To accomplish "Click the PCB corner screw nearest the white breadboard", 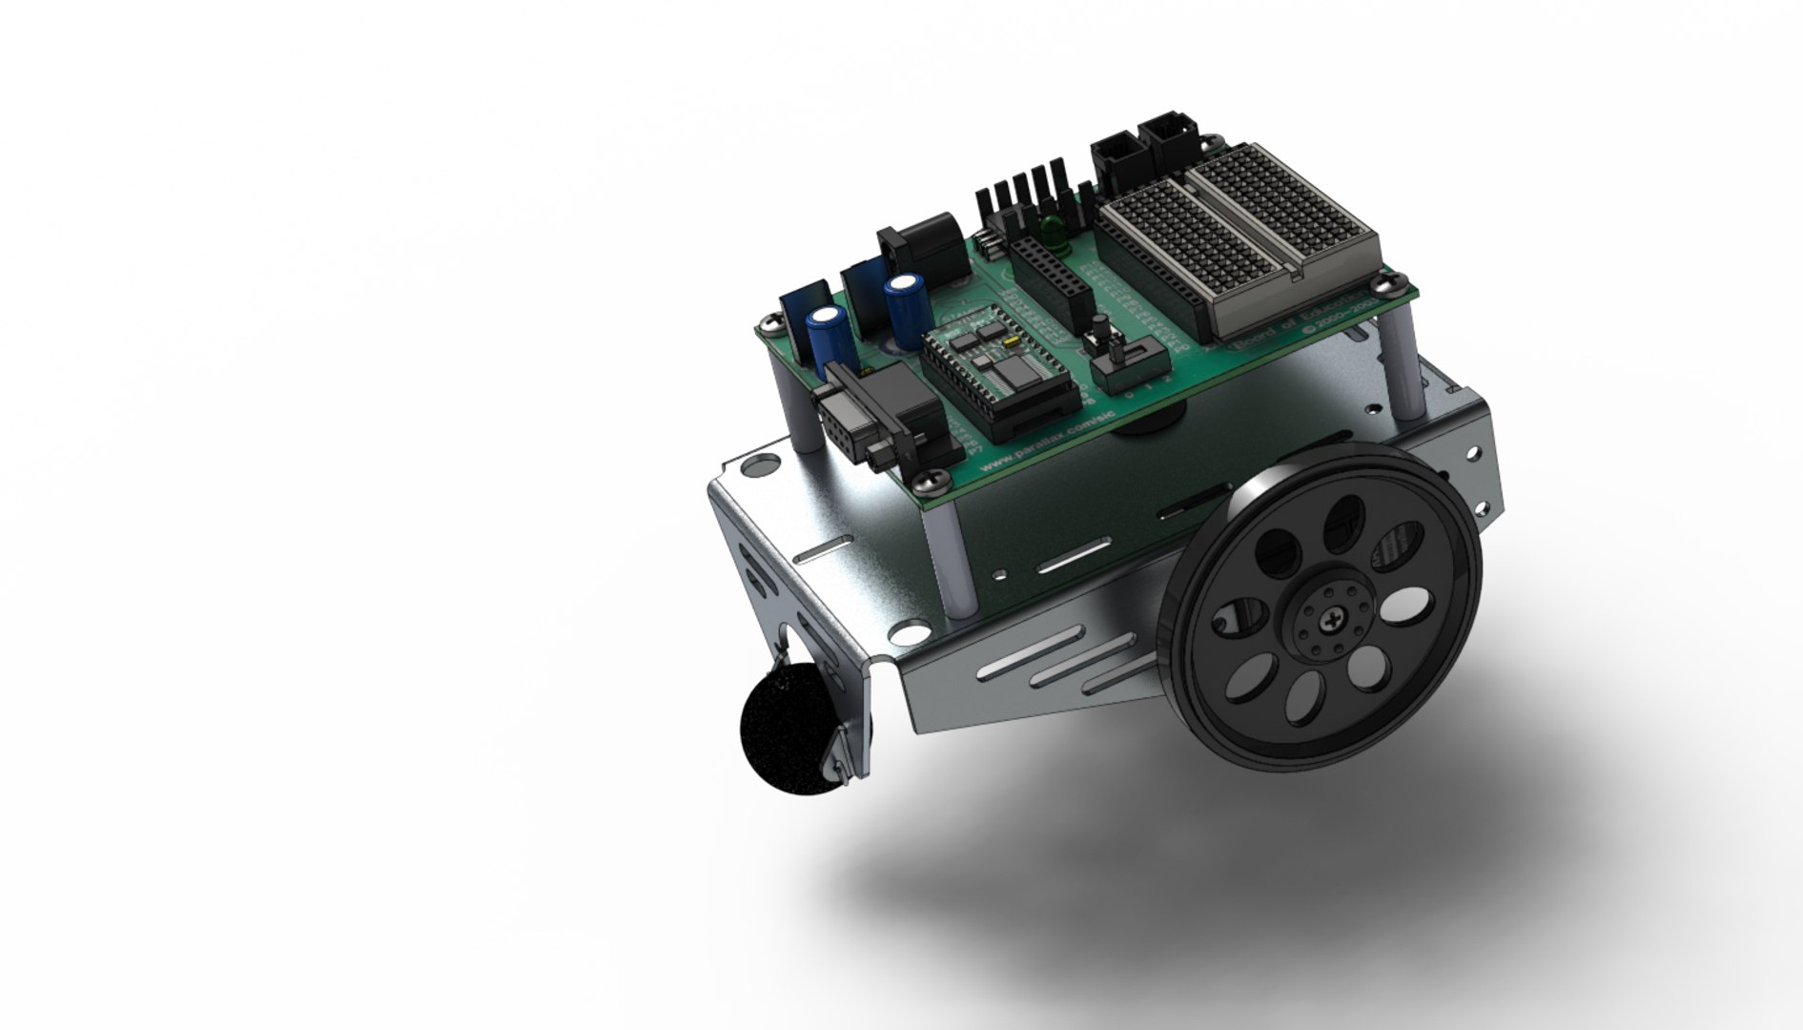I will click(1386, 284).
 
